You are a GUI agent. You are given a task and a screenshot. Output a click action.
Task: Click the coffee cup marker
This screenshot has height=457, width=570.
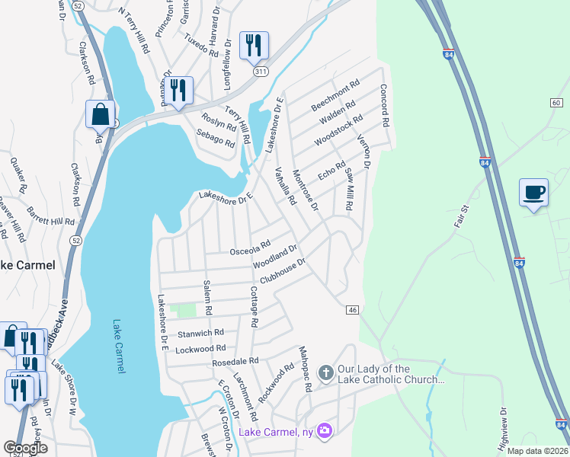click(x=534, y=192)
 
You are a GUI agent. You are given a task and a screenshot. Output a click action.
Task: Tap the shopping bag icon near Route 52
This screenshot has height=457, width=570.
click(x=100, y=114)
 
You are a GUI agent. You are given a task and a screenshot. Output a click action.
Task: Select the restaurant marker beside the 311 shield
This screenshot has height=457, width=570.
click(x=254, y=45)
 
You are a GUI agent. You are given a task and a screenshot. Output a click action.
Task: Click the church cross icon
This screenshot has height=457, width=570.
click(x=325, y=373)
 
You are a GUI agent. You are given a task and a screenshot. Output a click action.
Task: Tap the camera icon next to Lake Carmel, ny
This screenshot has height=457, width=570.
click(x=325, y=431)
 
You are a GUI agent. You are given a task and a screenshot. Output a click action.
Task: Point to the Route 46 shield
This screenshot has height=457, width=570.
click(x=352, y=310)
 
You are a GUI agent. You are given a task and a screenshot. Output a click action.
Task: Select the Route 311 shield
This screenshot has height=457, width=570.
click(x=261, y=71)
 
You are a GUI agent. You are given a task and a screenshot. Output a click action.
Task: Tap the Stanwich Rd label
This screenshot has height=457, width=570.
click(x=200, y=333)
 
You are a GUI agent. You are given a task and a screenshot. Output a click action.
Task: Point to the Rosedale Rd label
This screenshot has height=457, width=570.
click(x=236, y=361)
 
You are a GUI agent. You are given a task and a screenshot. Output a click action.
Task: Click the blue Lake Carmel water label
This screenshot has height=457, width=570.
click(x=118, y=346)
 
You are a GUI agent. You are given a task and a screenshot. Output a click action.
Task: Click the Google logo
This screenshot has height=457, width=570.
click(x=25, y=448)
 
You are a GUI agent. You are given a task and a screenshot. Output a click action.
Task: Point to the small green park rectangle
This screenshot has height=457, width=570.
click(x=183, y=310)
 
